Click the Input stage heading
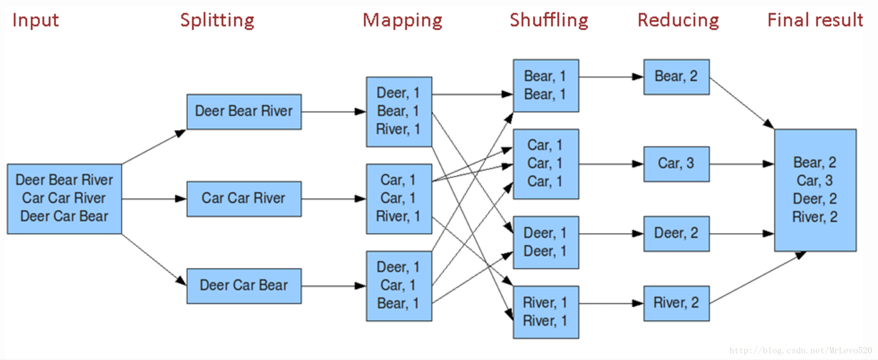pyautogui.click(x=35, y=20)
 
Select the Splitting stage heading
pyautogui.click(x=217, y=20)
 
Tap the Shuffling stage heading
pyautogui.click(x=549, y=20)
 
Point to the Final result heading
pyautogui.click(x=815, y=20)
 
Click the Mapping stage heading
pyautogui.click(x=402, y=20)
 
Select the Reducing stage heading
pyautogui.click(x=678, y=20)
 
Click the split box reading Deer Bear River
pyautogui.click(x=244, y=111)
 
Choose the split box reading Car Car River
pyautogui.click(x=244, y=199)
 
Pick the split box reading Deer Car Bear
pyautogui.click(x=244, y=286)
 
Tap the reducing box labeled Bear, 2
pyautogui.click(x=676, y=77)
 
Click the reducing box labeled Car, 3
pyautogui.click(x=676, y=164)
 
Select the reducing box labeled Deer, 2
pyautogui.click(x=676, y=233)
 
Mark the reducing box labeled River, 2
pyautogui.click(x=676, y=303)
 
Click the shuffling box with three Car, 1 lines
pyautogui.click(x=546, y=164)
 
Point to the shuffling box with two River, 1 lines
pyautogui.click(x=546, y=312)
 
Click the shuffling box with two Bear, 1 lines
pyautogui.click(x=546, y=86)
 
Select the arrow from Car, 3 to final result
pyautogui.click(x=741, y=164)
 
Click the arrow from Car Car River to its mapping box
pyautogui.click(x=333, y=199)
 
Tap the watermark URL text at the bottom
pyautogui.click(x=800, y=351)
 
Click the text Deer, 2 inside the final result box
pyautogui.click(x=815, y=199)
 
